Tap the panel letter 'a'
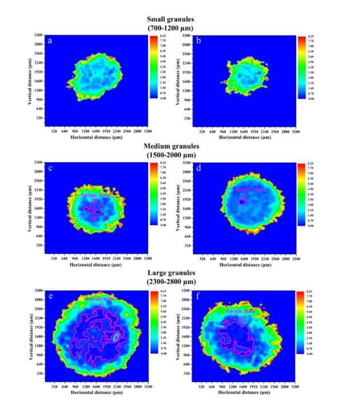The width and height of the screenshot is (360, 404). [51, 41]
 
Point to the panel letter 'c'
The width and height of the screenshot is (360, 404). [51, 169]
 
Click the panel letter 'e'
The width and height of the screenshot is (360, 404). [51, 296]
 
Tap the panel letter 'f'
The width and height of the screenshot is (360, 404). [198, 297]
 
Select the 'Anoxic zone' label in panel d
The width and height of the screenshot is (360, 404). [249, 189]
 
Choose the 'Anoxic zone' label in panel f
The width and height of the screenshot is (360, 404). [239, 311]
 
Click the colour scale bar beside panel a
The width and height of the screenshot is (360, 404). [153, 67]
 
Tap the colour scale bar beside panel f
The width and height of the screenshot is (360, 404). [301, 323]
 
